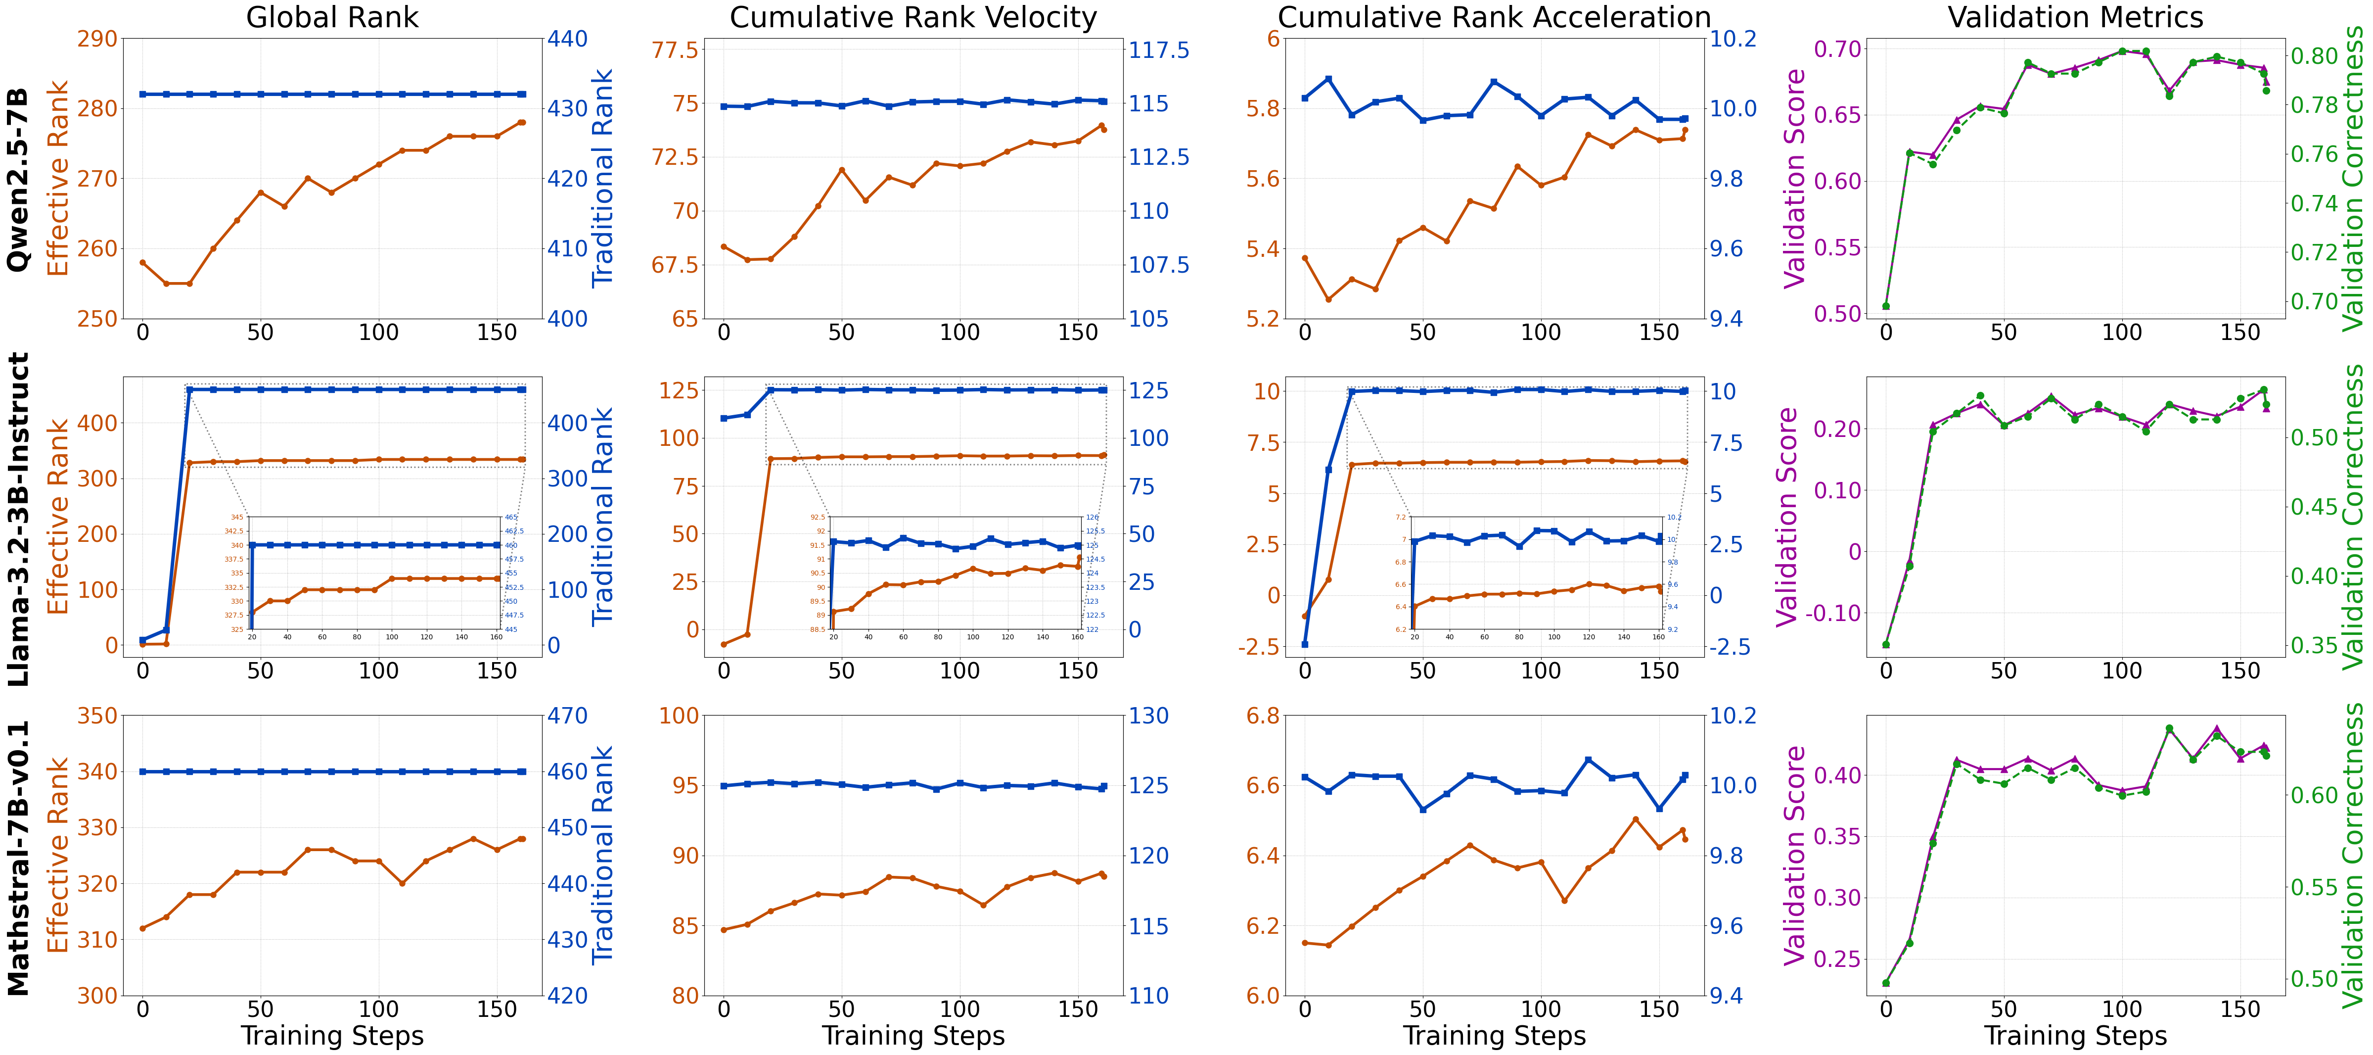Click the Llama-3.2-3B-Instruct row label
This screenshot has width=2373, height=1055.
tap(18, 519)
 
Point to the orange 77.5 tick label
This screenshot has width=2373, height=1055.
tap(675, 50)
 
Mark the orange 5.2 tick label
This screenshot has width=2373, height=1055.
tap(1262, 319)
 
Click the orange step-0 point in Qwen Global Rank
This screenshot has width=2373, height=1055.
tap(143, 263)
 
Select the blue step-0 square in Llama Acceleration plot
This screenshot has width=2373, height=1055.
tap(1304, 644)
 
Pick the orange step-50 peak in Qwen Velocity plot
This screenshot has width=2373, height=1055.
tap(841, 170)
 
